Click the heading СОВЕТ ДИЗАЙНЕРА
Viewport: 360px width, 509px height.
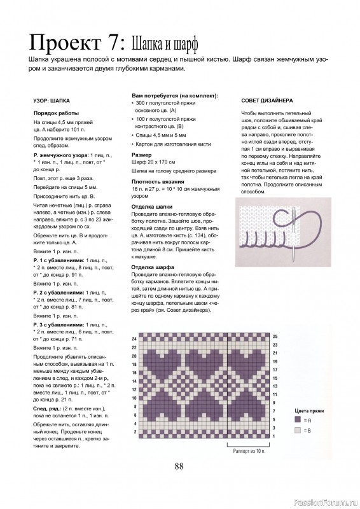(267, 101)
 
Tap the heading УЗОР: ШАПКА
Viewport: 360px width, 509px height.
(51, 101)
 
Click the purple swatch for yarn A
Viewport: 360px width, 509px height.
(298, 421)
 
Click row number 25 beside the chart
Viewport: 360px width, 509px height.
(275, 335)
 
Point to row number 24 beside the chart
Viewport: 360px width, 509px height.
(135, 340)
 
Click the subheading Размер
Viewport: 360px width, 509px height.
(141, 155)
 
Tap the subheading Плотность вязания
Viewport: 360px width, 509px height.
(155, 181)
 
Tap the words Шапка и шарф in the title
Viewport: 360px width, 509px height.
(164, 45)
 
